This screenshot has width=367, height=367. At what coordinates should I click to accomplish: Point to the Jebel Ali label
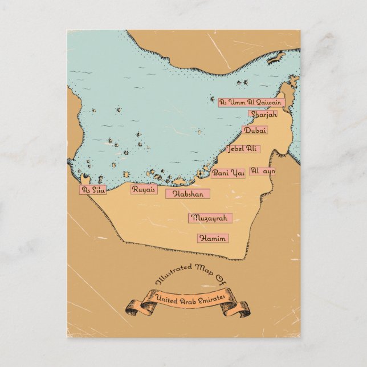click(242, 149)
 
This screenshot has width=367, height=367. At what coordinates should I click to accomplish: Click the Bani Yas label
click(228, 173)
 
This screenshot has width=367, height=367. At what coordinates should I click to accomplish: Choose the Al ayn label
click(263, 171)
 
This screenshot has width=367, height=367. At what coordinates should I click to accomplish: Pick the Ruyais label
click(144, 189)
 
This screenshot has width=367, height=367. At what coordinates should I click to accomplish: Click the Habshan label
click(187, 194)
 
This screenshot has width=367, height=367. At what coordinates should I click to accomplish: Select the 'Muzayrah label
click(210, 218)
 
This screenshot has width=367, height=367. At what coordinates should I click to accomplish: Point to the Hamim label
click(213, 238)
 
